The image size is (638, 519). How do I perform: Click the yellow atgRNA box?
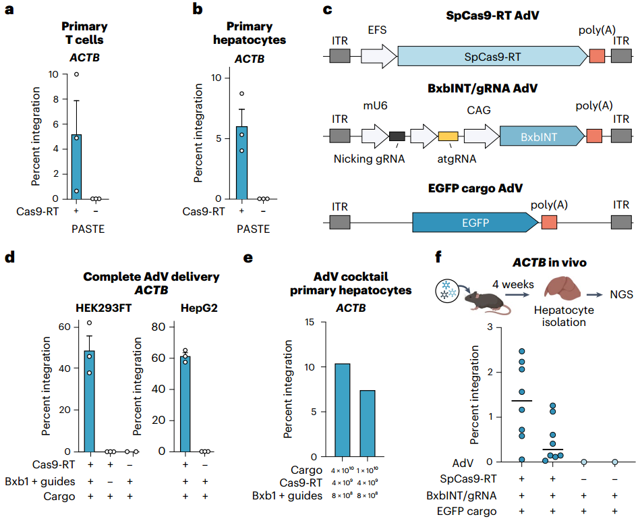448,137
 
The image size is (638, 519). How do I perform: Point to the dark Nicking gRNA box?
397,137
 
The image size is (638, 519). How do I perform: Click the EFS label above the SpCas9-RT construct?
376,31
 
